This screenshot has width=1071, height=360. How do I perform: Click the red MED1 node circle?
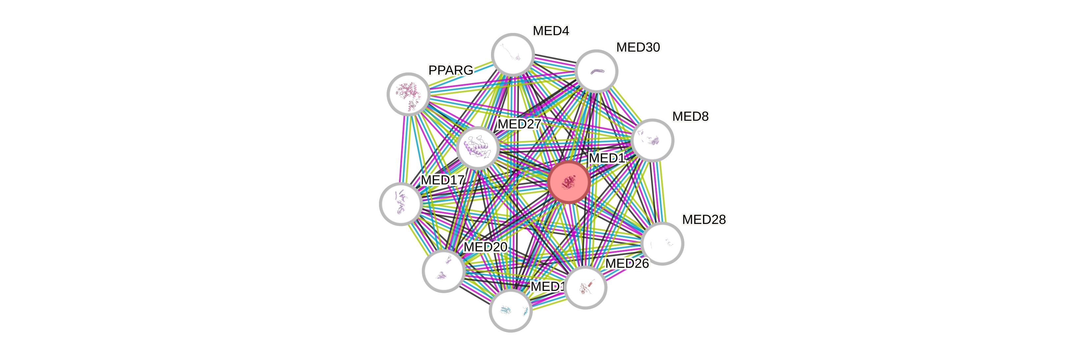(568, 182)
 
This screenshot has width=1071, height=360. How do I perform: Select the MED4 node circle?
(513, 54)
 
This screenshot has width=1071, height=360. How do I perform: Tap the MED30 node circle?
(596, 71)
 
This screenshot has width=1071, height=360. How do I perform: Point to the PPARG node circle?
(408, 94)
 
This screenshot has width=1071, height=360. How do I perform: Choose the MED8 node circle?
(652, 140)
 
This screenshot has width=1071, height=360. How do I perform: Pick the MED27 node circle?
(478, 148)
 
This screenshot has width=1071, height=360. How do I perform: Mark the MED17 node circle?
(401, 204)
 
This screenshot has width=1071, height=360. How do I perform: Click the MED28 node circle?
(662, 243)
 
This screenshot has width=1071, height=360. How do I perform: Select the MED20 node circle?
(443, 271)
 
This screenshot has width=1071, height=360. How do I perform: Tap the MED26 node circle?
(585, 287)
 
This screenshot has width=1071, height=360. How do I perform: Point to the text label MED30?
(638, 47)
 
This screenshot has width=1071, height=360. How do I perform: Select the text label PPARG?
(451, 70)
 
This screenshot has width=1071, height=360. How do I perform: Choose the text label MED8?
(690, 116)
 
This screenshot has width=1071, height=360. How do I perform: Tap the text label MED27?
(519, 124)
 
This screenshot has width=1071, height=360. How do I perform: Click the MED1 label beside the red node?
(607, 158)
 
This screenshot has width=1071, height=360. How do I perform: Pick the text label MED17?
(442, 180)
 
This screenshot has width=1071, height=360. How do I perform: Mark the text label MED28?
(704, 219)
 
